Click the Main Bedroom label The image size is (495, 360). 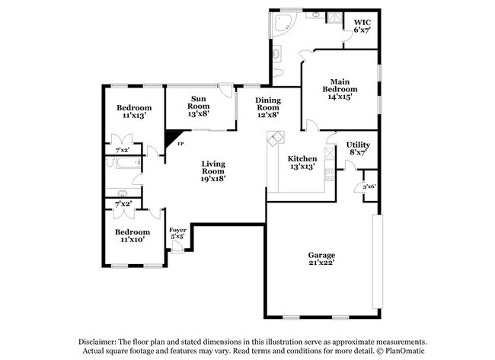[340, 89]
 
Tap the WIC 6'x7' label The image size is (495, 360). [362, 26]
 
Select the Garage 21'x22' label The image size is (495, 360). [321, 259]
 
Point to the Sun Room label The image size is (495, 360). [198, 106]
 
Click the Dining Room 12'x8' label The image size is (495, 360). [268, 107]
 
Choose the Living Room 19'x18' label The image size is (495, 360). [213, 171]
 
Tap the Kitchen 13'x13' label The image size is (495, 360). [302, 162]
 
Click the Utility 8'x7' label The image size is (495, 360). [358, 148]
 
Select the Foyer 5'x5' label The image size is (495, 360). [177, 233]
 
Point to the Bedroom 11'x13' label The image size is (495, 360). [134, 111]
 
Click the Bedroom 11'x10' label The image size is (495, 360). [133, 236]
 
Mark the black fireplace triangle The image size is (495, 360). [172, 139]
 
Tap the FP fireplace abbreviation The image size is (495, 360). [181, 144]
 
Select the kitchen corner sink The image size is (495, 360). [275, 139]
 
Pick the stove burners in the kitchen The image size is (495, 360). [330, 175]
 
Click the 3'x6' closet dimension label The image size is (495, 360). [369, 186]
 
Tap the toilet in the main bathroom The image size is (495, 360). [278, 73]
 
